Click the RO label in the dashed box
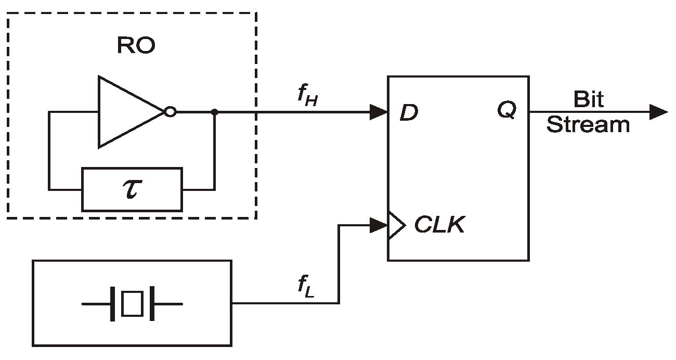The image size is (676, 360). [136, 46]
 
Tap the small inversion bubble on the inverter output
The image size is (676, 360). [170, 112]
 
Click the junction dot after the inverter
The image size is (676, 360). [214, 112]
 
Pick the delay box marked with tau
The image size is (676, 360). [132, 189]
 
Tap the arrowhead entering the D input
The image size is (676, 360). [378, 112]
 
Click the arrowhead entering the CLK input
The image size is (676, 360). [378, 225]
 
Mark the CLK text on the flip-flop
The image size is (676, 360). [439, 225]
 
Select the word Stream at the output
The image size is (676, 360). [588, 125]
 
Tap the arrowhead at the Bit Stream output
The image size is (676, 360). [658, 112]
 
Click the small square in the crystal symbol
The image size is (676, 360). [132, 304]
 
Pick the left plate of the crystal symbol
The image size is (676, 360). [112, 304]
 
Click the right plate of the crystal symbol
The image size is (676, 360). [152, 304]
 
